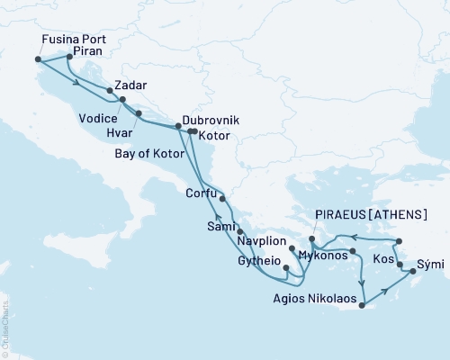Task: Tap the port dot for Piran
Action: (x=69, y=57)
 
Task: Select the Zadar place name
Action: (x=131, y=84)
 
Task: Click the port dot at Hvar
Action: (x=139, y=112)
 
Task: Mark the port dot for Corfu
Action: (x=222, y=199)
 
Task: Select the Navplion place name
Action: (x=262, y=243)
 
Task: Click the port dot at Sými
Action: (x=413, y=270)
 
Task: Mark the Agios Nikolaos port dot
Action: (x=360, y=306)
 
